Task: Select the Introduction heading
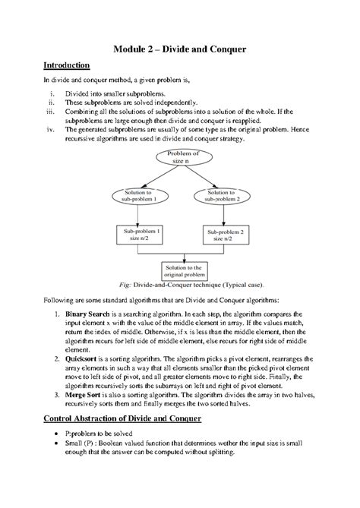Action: (x=66, y=66)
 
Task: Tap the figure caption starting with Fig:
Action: (x=180, y=286)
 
